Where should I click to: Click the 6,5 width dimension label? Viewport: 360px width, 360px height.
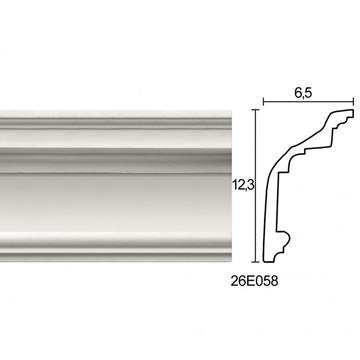(x=303, y=94)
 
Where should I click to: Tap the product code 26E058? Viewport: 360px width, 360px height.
(x=254, y=282)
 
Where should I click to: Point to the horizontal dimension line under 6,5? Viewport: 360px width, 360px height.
(x=308, y=101)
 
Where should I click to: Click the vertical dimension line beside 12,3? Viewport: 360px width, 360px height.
(x=256, y=186)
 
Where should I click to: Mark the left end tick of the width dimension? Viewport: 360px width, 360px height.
(x=264, y=101)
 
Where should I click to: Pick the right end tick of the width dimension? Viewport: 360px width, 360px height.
(x=353, y=101)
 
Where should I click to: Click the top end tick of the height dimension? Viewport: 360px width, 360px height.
(x=256, y=109)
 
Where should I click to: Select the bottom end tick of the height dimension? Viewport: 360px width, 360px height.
(x=256, y=262)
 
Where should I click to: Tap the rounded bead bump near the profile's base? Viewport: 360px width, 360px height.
(x=285, y=238)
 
